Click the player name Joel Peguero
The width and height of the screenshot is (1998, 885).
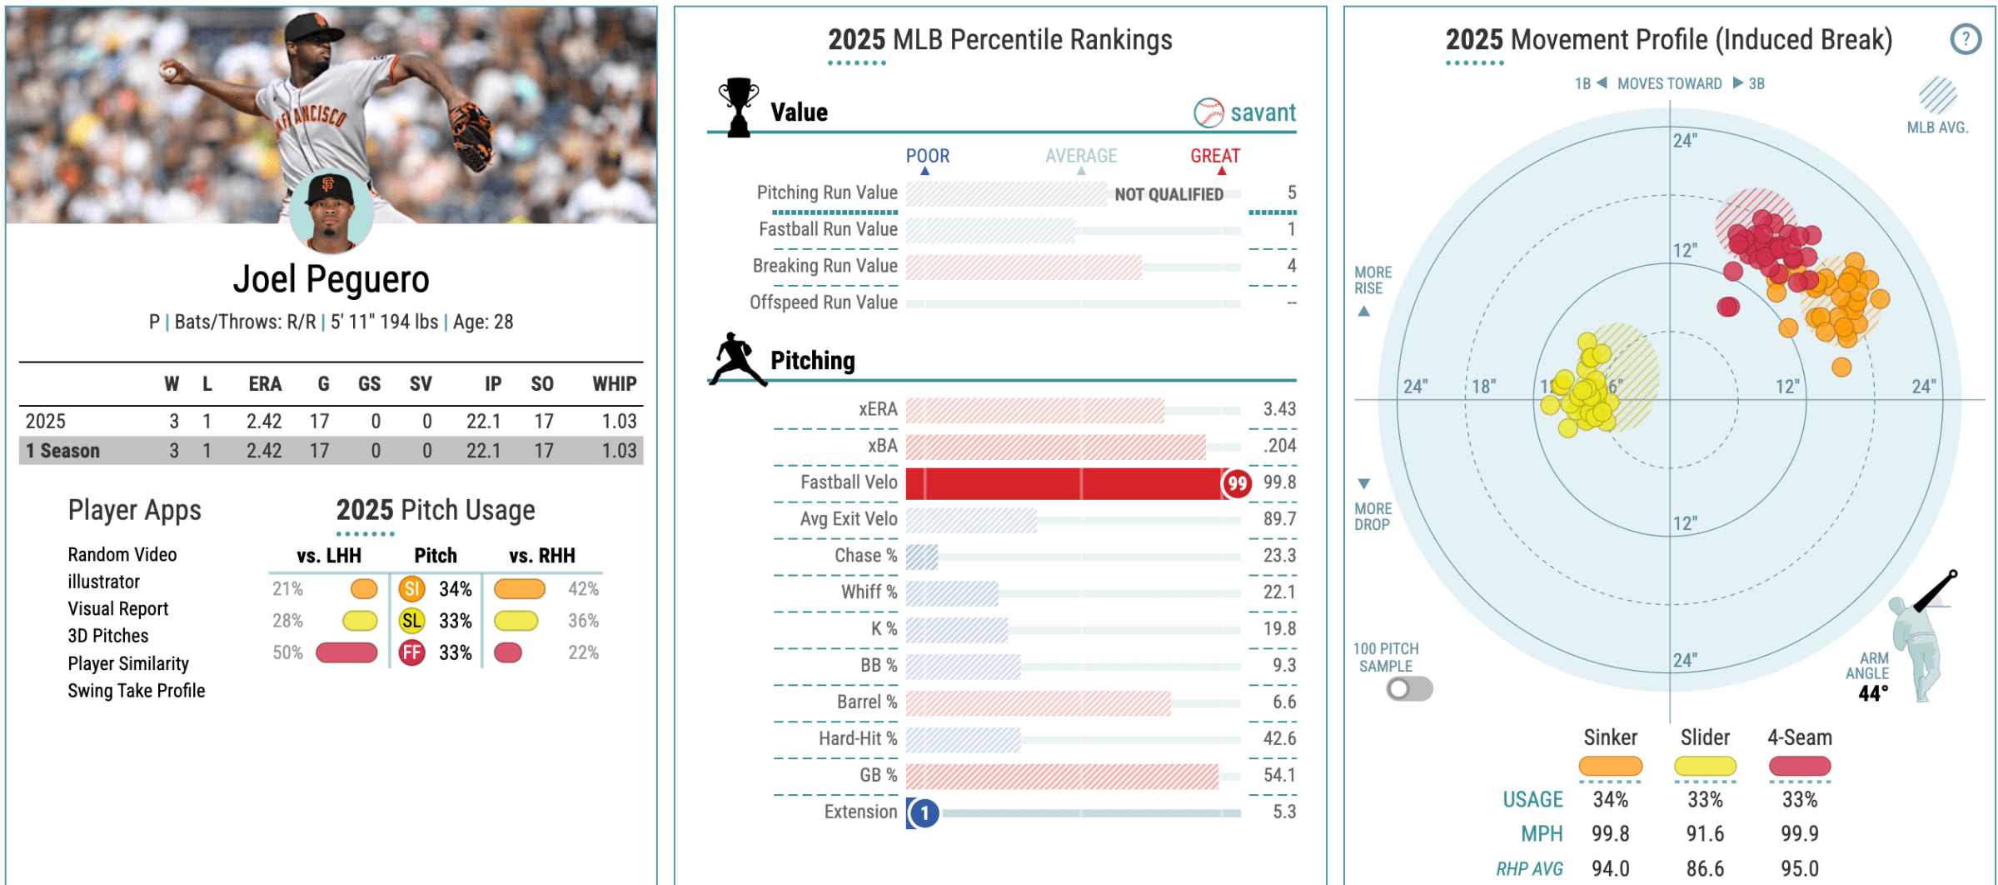[x=331, y=280]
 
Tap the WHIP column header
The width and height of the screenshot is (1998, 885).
[x=614, y=384]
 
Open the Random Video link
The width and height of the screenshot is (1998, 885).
[x=122, y=555]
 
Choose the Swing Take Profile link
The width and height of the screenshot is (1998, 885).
[x=137, y=691]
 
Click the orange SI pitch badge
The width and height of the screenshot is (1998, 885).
[x=411, y=589]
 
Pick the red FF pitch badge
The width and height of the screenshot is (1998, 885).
[x=411, y=652]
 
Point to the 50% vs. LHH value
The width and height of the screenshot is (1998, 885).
[x=287, y=652]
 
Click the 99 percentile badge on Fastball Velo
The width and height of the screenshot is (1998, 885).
[x=1237, y=483]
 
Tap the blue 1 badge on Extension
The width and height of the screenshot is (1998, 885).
[x=924, y=812]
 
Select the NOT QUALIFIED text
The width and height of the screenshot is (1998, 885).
[x=1168, y=194]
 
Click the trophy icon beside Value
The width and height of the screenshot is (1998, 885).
[x=738, y=107]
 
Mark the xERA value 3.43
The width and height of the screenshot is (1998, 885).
[x=1279, y=409]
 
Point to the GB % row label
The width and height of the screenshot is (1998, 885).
[x=878, y=776]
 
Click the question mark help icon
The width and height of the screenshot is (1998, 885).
[x=1965, y=39]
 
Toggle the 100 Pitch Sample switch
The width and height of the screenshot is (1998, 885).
[x=1408, y=689]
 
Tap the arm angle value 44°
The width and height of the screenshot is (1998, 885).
[x=1873, y=693]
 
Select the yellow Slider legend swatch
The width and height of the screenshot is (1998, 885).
[x=1705, y=766]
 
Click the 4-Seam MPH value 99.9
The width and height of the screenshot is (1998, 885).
[x=1799, y=833]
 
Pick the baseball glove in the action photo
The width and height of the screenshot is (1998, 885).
[x=472, y=133]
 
